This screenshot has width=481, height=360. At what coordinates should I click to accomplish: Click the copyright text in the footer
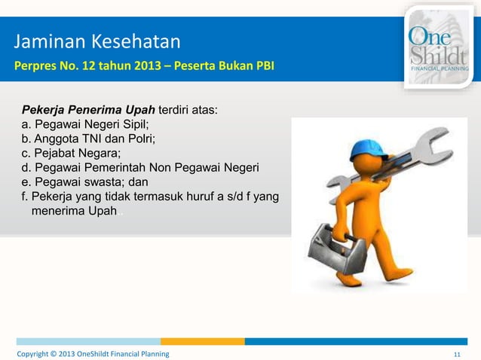click(93, 353)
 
